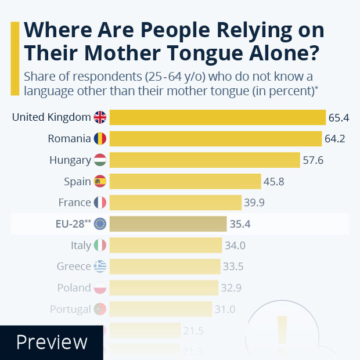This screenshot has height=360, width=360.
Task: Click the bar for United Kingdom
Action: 217,117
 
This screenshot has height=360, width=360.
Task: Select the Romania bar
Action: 215,139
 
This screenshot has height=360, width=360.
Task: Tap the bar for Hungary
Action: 204,160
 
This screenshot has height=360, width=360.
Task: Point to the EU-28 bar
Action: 168,224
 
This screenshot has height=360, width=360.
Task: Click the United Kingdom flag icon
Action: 100,117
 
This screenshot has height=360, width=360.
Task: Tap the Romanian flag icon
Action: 100,139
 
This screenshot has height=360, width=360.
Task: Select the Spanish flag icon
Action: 100,181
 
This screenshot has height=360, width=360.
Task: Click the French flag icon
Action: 100,203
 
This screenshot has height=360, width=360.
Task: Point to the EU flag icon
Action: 100,224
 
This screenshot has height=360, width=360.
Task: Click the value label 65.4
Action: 339,118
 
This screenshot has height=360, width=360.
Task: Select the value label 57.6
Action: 313,160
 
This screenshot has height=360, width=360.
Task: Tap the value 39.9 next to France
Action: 254,203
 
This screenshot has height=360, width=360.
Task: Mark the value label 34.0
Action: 235,245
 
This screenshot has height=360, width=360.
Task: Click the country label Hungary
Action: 70,160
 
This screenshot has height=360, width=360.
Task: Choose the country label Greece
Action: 74,267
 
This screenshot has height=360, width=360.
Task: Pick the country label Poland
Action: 74,288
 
